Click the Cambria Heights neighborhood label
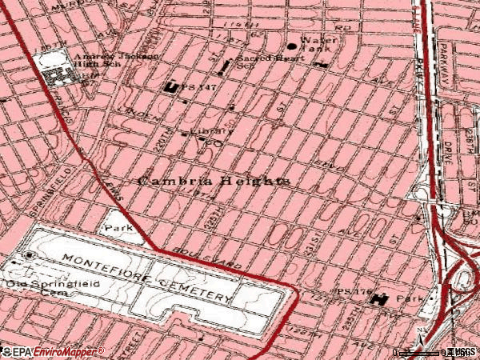(x=214, y=181)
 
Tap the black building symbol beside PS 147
(x=170, y=86)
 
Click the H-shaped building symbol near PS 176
(x=378, y=299)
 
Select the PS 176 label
(x=350, y=291)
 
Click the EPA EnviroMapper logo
(x=53, y=351)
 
